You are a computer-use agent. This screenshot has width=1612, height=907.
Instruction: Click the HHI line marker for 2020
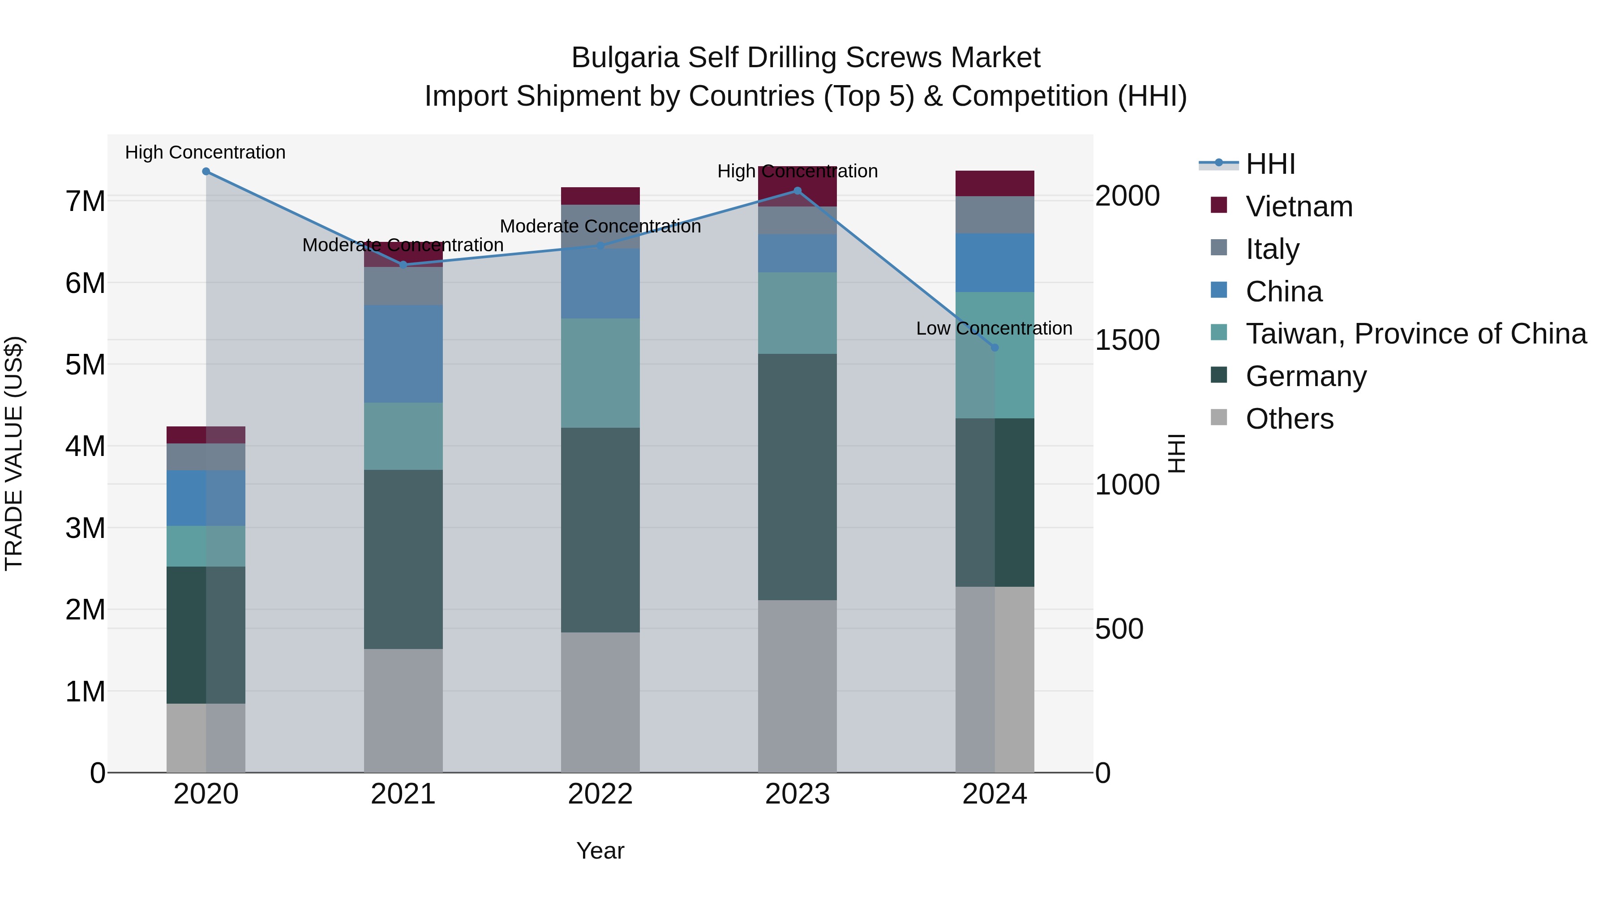coord(206,172)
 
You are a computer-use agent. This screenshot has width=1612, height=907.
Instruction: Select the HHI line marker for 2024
coord(995,348)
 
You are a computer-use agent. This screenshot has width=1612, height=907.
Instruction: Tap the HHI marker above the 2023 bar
coord(797,191)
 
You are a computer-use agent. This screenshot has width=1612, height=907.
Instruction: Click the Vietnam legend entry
coord(1299,206)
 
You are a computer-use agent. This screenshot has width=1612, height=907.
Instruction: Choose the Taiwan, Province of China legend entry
coord(1415,334)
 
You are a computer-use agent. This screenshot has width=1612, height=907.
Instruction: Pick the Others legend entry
coord(1289,419)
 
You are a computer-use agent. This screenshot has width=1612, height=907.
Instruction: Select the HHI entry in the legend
coord(1270,164)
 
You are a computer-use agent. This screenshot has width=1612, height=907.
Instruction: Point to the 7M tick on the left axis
coord(85,202)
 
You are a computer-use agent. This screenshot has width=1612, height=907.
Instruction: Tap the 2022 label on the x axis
coord(600,794)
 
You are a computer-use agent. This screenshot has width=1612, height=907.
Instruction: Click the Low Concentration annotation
coord(994,329)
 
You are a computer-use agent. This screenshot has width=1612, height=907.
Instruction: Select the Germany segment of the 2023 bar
coord(797,477)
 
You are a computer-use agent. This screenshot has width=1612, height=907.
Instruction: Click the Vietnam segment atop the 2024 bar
coord(995,183)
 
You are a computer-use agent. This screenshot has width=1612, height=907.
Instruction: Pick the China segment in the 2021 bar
coord(403,354)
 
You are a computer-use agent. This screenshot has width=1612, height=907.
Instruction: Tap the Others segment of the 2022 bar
coord(600,702)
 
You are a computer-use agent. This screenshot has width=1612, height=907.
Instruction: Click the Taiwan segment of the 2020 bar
coord(206,546)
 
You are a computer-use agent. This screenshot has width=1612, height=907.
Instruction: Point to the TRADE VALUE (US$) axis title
coord(14,453)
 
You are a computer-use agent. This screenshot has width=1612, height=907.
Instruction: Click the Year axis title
coord(600,851)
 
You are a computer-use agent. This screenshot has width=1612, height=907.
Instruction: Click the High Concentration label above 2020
coord(205,153)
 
